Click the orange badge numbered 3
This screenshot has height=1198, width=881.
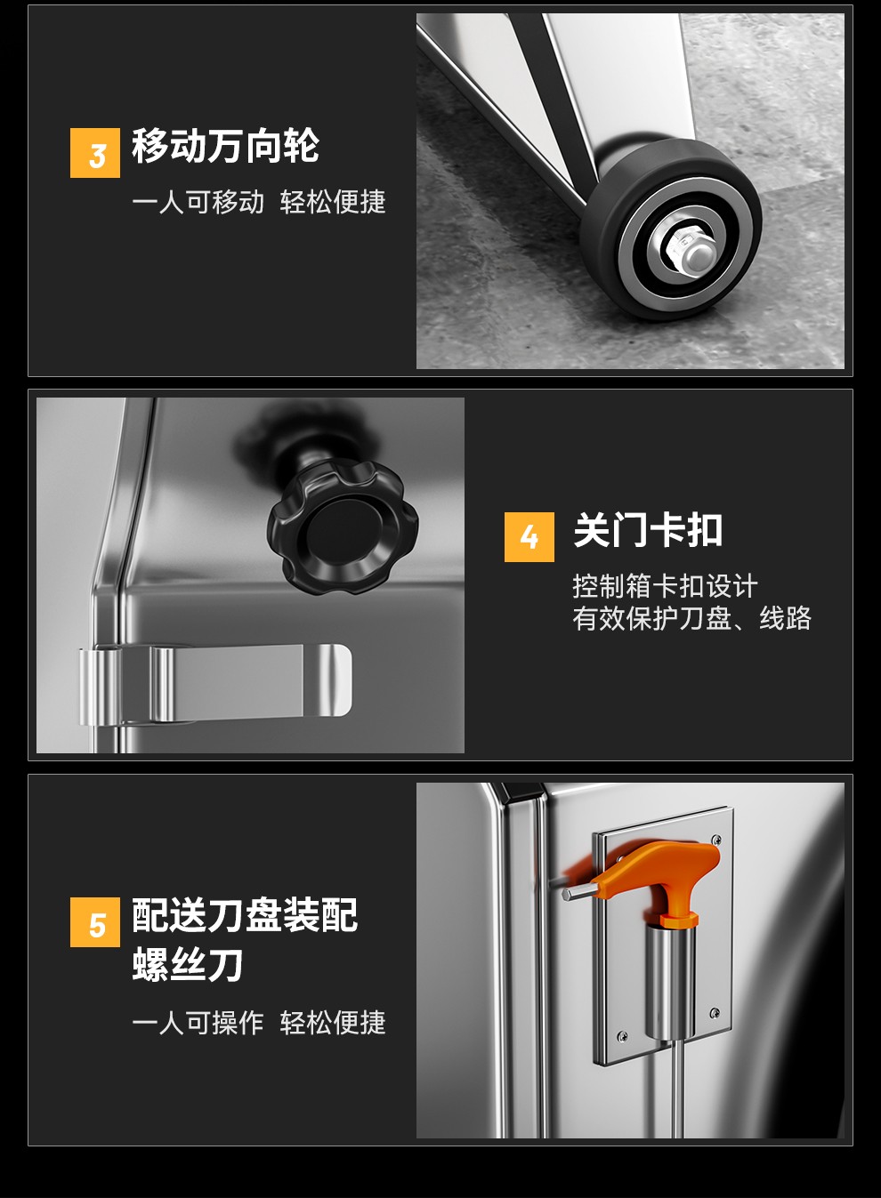point(94,153)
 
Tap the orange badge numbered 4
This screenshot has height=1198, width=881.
point(529,537)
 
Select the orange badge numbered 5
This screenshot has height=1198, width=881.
point(94,922)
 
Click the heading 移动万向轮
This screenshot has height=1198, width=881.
point(225,146)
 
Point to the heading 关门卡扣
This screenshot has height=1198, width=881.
point(648,530)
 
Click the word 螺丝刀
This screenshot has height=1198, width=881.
point(188,964)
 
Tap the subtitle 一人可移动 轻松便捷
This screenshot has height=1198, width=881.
point(259,202)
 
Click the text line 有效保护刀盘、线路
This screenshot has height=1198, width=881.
point(692,618)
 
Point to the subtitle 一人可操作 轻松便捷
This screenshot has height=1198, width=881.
point(259,1023)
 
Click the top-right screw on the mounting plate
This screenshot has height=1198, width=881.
point(716,840)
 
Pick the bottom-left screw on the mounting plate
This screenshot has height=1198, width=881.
point(622,1036)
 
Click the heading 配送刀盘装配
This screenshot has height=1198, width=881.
point(245,915)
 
